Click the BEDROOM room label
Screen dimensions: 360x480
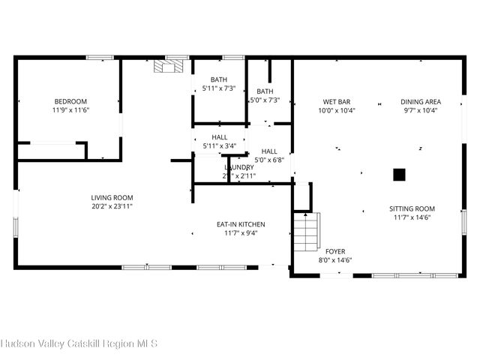70,102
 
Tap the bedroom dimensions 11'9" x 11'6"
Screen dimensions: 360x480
70,110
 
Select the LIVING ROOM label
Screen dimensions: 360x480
112,197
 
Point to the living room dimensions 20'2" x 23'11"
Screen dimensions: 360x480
112,206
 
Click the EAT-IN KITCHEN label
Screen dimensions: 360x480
241,224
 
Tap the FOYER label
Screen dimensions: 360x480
335,251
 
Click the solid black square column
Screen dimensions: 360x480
400,175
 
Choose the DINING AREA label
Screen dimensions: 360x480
420,102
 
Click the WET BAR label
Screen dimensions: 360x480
337,102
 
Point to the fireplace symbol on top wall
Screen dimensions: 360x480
166,67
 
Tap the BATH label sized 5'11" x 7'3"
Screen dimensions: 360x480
219,79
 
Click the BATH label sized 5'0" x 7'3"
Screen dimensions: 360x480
264,91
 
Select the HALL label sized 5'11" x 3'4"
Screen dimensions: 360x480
219,137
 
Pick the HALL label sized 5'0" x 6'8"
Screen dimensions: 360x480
269,151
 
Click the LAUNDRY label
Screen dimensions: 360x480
239,167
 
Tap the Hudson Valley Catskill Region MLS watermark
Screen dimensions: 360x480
79,344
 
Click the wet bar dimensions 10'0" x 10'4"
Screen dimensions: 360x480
337,110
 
